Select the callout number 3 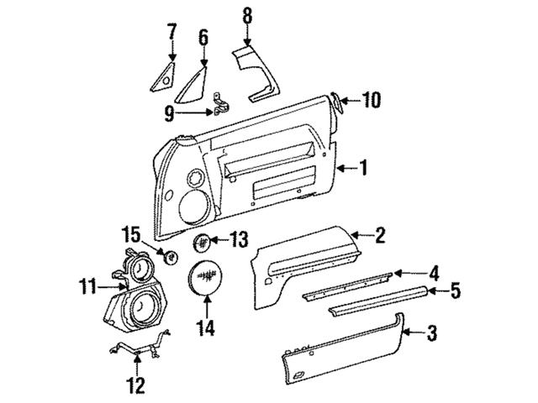tap(431, 335)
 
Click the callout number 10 tap(371, 102)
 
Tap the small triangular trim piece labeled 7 tap(162, 74)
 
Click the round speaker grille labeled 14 tap(205, 277)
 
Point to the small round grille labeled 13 tap(201, 243)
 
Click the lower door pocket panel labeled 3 tap(345, 352)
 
